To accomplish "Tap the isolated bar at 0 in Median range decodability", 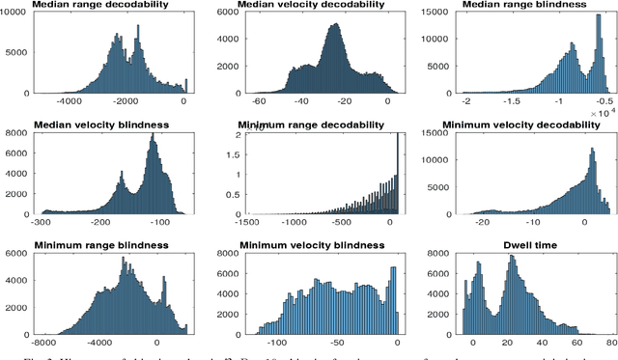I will point(186,87).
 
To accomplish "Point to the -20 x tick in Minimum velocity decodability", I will point(468,220).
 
